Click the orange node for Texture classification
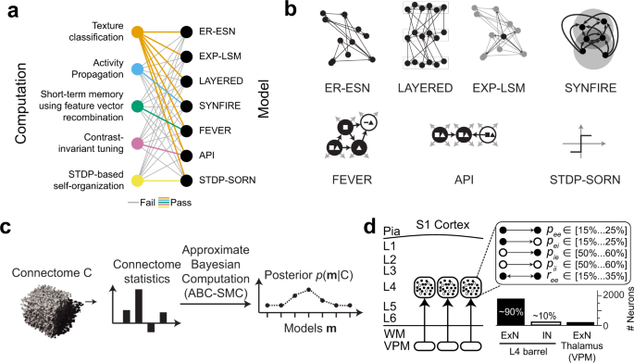pyautogui.click(x=137, y=31)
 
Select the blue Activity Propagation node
pyautogui.click(x=137, y=69)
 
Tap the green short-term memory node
pyautogui.click(x=137, y=105)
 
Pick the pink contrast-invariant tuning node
pyautogui.click(x=137, y=144)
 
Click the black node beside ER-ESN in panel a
pyautogui.click(x=188, y=31)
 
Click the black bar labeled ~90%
pyautogui.click(x=511, y=312)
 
